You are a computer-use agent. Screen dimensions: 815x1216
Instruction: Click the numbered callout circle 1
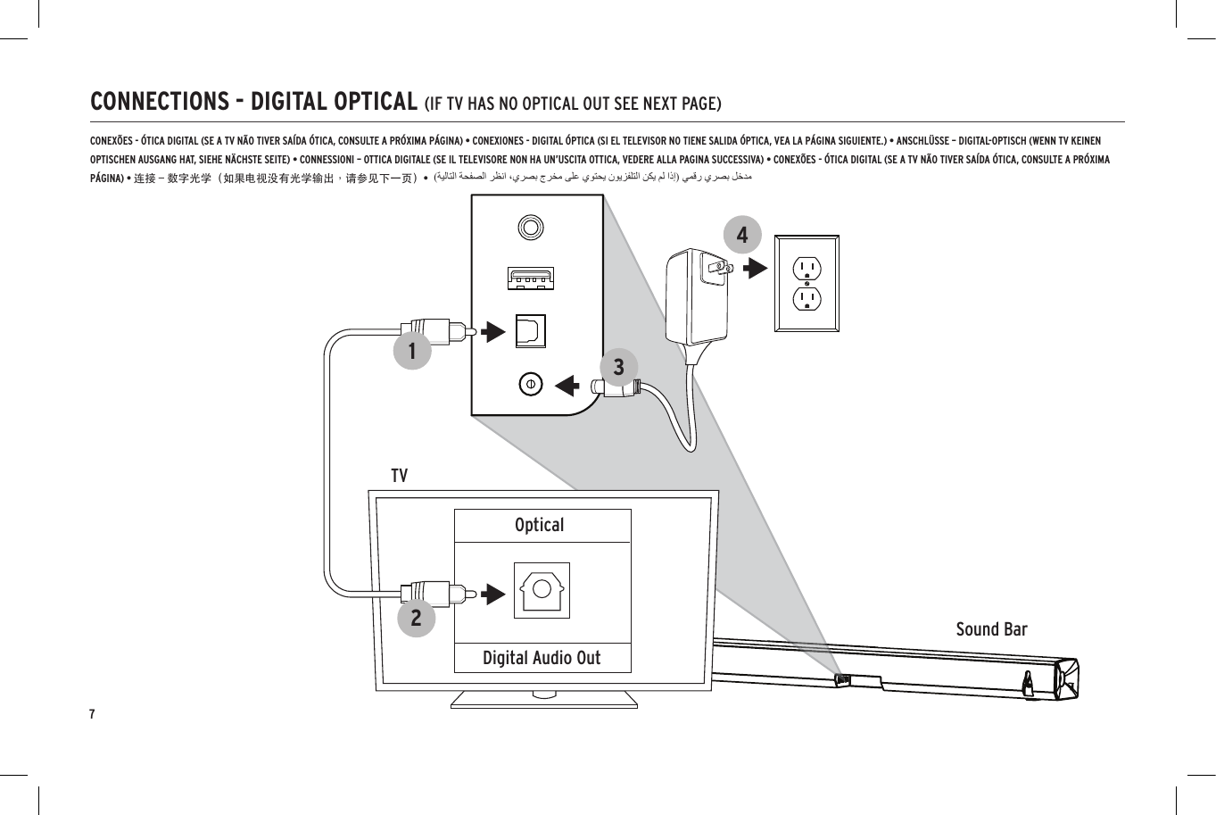[x=412, y=351]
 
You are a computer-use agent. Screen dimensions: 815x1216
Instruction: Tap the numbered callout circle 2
[x=416, y=618]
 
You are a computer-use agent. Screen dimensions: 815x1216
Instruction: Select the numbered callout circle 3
[x=618, y=367]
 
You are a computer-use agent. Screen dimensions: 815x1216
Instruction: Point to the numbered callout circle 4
[x=742, y=236]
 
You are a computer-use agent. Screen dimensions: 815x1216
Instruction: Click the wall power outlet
[x=807, y=284]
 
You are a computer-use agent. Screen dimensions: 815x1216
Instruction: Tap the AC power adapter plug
[x=697, y=295]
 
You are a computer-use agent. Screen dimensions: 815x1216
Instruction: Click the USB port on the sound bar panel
[x=531, y=279]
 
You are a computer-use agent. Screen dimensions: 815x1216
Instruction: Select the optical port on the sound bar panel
[x=530, y=331]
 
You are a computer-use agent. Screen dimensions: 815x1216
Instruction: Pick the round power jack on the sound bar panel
[x=531, y=384]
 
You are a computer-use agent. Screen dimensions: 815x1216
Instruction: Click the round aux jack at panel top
[x=531, y=227]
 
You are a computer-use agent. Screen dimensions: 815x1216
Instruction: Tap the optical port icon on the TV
[x=542, y=590]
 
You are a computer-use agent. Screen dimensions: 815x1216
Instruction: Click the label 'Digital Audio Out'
[x=542, y=658]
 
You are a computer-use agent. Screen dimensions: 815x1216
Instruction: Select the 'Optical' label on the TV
[x=540, y=525]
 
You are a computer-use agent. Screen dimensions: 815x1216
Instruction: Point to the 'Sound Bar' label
[x=991, y=629]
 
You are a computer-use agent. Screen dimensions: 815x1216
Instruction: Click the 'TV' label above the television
[x=399, y=476]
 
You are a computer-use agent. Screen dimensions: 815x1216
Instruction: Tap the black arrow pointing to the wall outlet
[x=755, y=268]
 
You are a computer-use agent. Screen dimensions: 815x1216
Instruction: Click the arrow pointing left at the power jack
[x=567, y=385]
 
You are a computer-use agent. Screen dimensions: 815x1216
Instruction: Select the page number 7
[x=92, y=714]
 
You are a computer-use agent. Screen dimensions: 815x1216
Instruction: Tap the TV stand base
[x=544, y=699]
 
